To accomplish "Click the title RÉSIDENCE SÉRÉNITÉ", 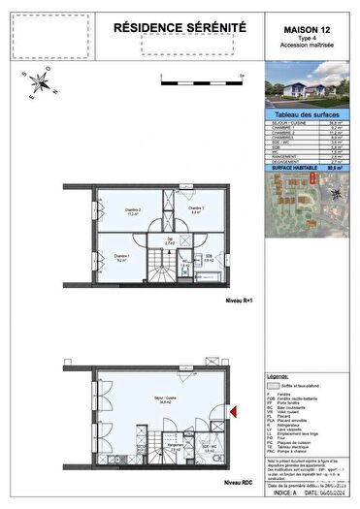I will (180, 31).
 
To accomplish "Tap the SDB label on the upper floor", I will (208, 256).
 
